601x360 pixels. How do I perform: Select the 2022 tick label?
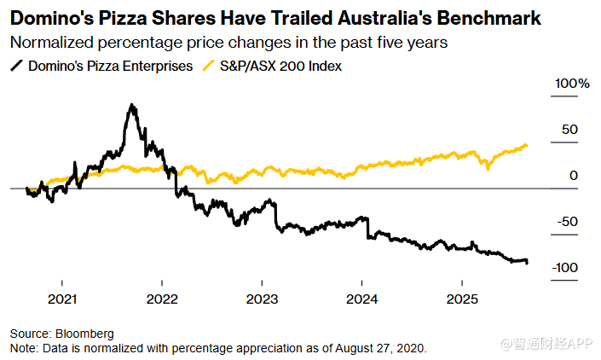pos(162,299)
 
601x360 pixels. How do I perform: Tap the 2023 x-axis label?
pos(262,299)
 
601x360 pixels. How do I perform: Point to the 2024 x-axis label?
pos(361,299)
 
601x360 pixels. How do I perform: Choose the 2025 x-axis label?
pos(461,299)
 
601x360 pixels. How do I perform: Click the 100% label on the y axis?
pos(573,84)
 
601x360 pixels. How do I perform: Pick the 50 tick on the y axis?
pos(570,130)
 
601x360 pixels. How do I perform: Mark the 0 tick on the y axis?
pos(575,176)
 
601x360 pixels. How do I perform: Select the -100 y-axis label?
pos(565,268)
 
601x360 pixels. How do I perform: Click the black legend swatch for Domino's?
pos(16,66)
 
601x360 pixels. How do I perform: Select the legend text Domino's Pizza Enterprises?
pos(112,66)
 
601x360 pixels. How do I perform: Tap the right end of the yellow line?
pos(526,145)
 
